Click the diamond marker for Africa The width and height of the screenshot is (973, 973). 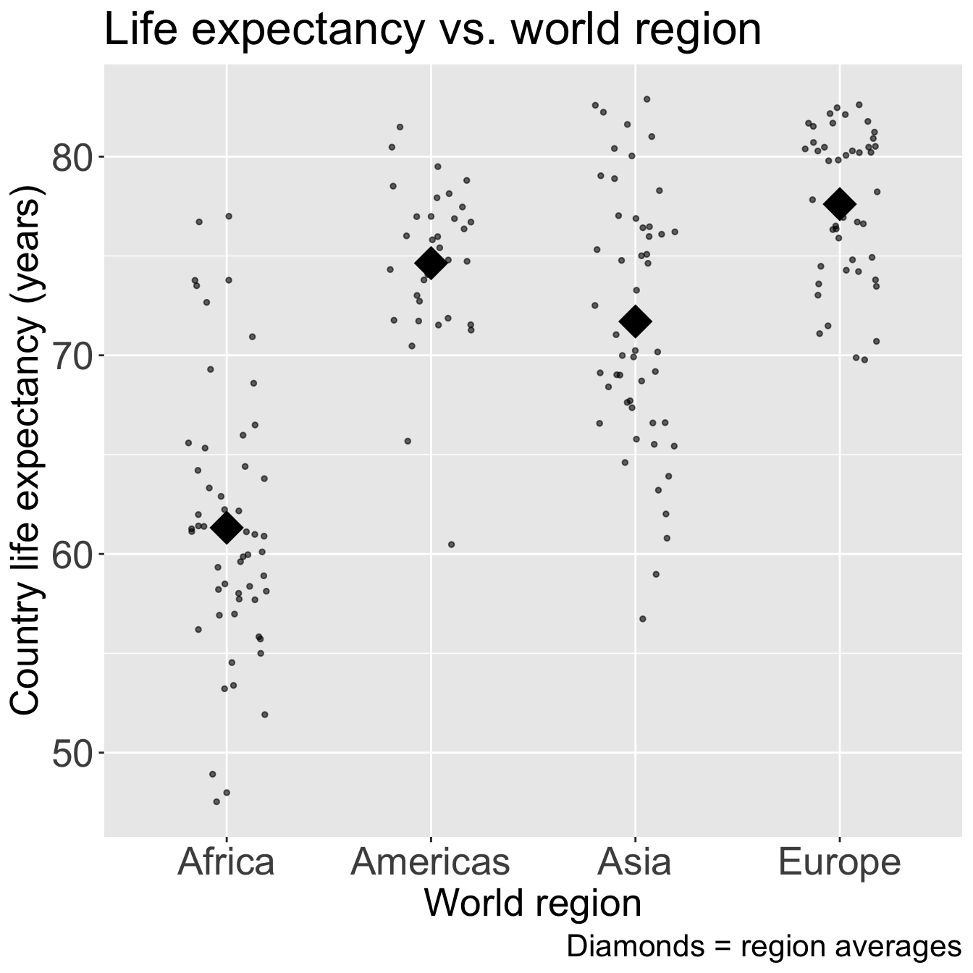pyautogui.click(x=227, y=528)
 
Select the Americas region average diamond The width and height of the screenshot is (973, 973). pyautogui.click(x=431, y=263)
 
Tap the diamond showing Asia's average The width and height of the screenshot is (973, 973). pyautogui.click(x=636, y=321)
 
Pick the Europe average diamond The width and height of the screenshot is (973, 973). pyautogui.click(x=840, y=203)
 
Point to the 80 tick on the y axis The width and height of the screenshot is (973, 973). pyautogui.click(x=70, y=157)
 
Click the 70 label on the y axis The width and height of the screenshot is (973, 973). pyautogui.click(x=70, y=355)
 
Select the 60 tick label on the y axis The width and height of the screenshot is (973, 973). pyautogui.click(x=70, y=555)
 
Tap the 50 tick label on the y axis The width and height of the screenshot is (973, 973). pyautogui.click(x=70, y=753)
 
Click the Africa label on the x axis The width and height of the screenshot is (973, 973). pyautogui.click(x=227, y=862)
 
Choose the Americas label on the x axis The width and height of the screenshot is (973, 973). pyautogui.click(x=431, y=862)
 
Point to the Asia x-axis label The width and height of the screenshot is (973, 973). pyautogui.click(x=636, y=862)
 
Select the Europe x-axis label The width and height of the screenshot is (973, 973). pyautogui.click(x=840, y=862)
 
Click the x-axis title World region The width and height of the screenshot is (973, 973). pyautogui.click(x=533, y=903)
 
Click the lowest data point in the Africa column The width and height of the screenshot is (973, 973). pyautogui.click(x=216, y=801)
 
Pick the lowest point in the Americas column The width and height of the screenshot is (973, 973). pyautogui.click(x=451, y=544)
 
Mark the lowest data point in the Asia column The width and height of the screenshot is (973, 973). pyautogui.click(x=642, y=619)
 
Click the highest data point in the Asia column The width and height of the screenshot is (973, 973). pyautogui.click(x=647, y=99)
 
